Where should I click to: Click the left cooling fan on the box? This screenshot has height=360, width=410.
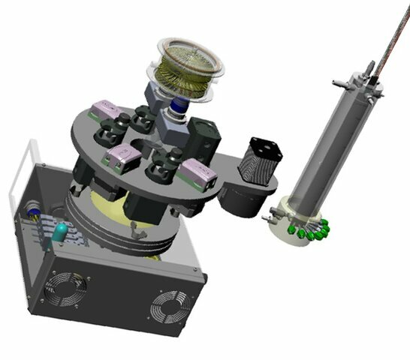pyautogui.click(x=66, y=287)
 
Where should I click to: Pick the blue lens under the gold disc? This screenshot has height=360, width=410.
pyautogui.click(x=181, y=109)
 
